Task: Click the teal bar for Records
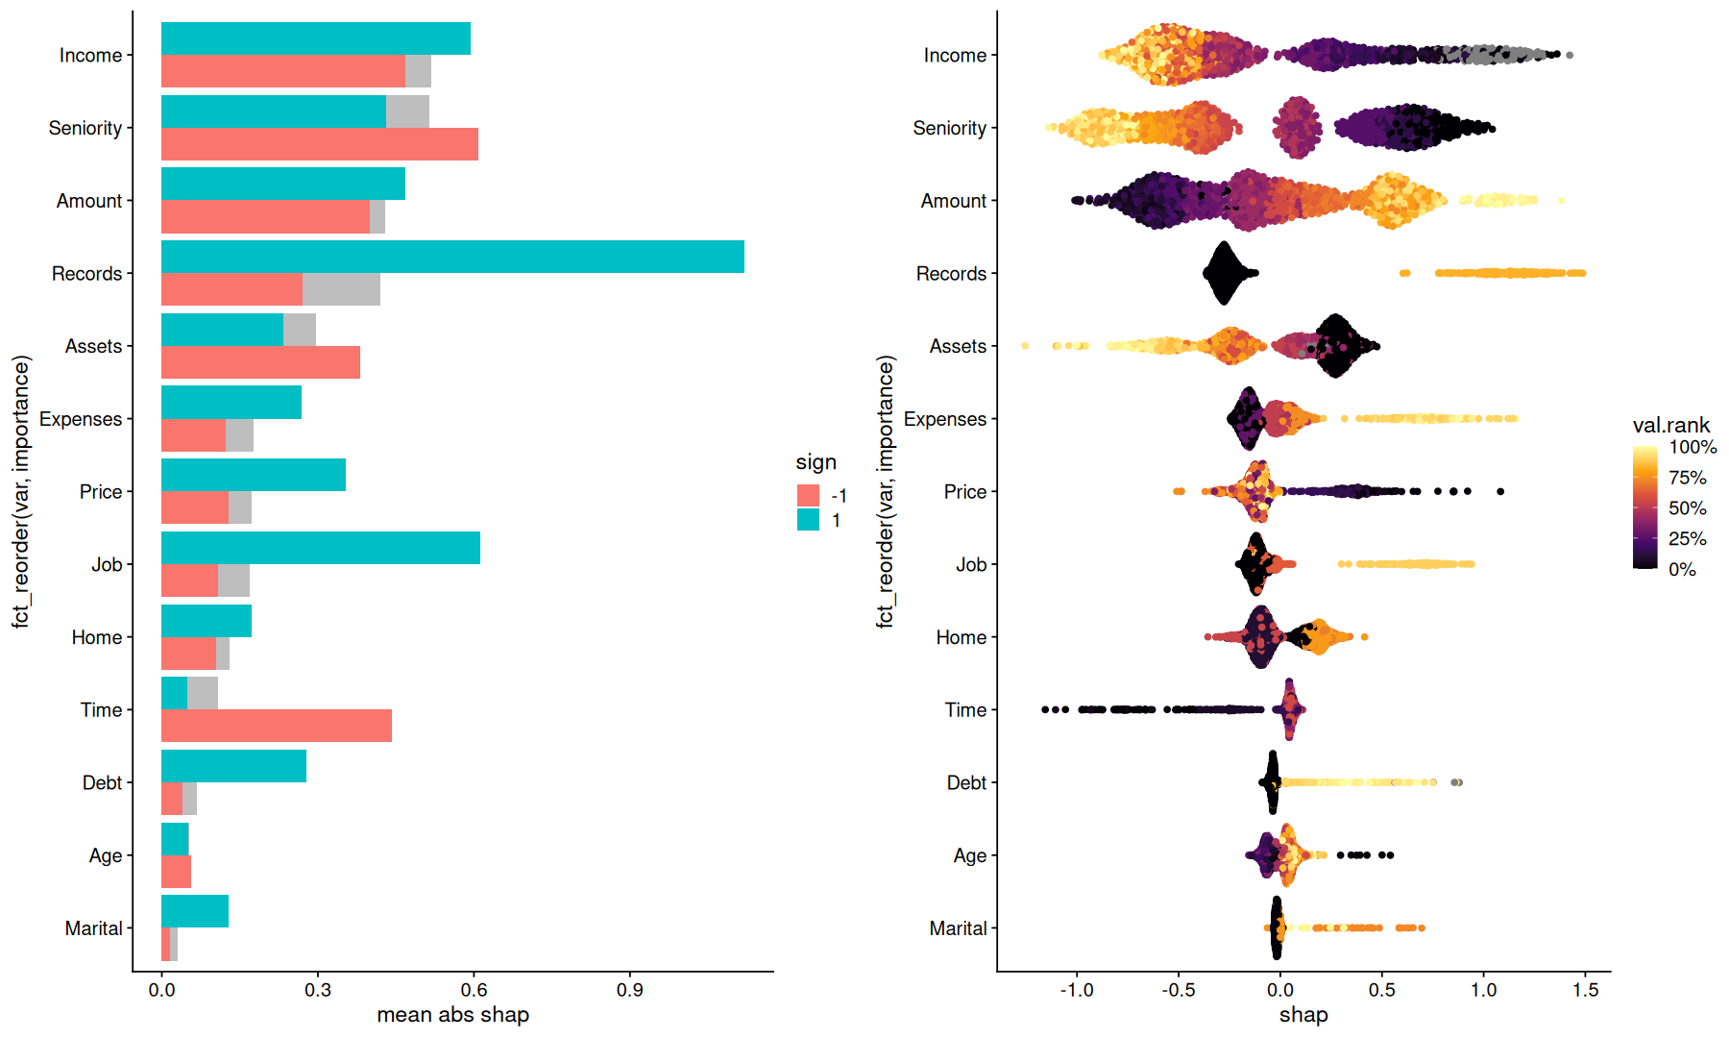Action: click(x=451, y=257)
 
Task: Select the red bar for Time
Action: click(x=277, y=726)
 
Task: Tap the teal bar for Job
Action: click(x=320, y=548)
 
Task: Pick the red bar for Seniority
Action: click(x=319, y=144)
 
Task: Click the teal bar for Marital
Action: click(x=195, y=911)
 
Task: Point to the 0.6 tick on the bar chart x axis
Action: click(x=474, y=973)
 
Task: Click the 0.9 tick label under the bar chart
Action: click(x=630, y=990)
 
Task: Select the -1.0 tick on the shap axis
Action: click(x=1077, y=973)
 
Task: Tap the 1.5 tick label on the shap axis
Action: click(x=1585, y=990)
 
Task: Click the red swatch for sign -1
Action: click(x=808, y=496)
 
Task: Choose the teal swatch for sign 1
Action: click(x=808, y=520)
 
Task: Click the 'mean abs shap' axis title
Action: click(x=452, y=1015)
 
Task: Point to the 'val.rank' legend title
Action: click(x=1670, y=425)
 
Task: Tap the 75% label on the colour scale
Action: click(x=1687, y=478)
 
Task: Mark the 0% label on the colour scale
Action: click(x=1682, y=569)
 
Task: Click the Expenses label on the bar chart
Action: click(x=81, y=419)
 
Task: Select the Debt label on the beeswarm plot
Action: click(x=966, y=782)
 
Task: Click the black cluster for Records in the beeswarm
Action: click(x=1224, y=273)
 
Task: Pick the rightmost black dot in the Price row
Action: click(x=1500, y=491)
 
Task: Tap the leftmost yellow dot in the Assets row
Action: click(x=1025, y=345)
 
